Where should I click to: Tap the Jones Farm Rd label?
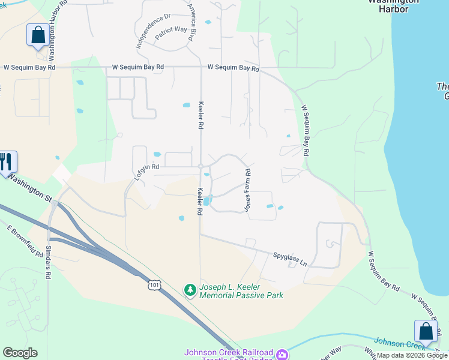point(247,190)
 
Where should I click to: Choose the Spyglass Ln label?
point(290,259)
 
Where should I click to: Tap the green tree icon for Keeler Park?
point(190,290)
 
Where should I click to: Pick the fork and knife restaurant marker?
point(7,162)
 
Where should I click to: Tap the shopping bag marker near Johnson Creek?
point(426,331)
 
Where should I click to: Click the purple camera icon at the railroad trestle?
point(281,355)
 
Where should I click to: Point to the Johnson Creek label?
point(399,343)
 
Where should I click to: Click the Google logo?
point(20,353)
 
